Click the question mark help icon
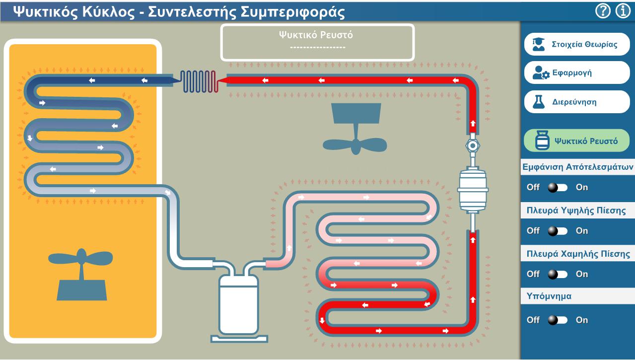click(x=603, y=11)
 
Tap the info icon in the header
click(x=623, y=11)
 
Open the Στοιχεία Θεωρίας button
click(x=577, y=44)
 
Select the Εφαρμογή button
click(x=577, y=72)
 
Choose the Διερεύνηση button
click(x=577, y=102)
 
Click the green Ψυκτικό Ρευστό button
click(x=577, y=141)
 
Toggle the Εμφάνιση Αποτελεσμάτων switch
click(x=558, y=187)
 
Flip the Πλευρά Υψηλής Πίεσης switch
click(x=558, y=231)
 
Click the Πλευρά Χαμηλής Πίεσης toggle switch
click(x=558, y=275)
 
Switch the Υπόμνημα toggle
click(x=558, y=320)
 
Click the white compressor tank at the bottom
click(x=239, y=305)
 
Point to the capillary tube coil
click(x=199, y=81)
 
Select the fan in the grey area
click(x=355, y=129)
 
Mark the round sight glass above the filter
click(x=472, y=145)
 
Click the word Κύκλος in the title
click(x=108, y=12)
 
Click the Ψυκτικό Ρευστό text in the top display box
click(x=316, y=35)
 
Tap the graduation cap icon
click(x=538, y=44)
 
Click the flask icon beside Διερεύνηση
click(x=539, y=102)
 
